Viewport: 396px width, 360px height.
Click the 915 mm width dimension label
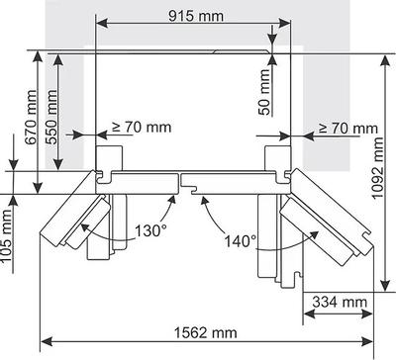click(196, 16)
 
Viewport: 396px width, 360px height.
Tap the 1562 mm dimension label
click(205, 332)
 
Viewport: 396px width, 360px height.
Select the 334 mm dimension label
click(340, 302)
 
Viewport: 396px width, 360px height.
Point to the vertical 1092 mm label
click(378, 168)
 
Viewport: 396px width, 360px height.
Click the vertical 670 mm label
click(32, 117)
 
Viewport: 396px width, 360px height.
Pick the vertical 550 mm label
click(51, 117)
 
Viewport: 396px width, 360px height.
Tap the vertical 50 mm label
click(264, 92)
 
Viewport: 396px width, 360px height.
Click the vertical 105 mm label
click(7, 235)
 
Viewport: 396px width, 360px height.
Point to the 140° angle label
click(241, 241)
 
